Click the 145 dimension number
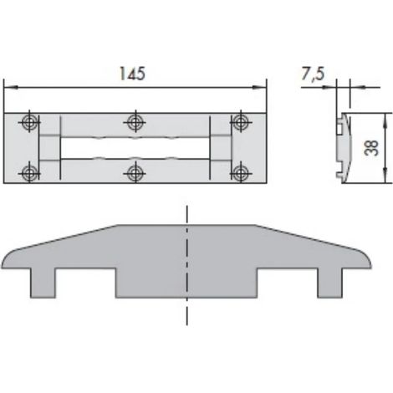(132, 74)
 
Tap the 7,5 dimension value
(314, 74)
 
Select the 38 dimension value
(372, 148)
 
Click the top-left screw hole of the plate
(29, 122)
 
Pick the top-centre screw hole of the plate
(135, 122)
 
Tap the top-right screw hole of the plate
(241, 122)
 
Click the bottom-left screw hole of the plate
(29, 173)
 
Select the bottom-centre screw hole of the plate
(135, 173)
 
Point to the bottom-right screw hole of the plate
(241, 173)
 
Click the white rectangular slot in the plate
(135, 148)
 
